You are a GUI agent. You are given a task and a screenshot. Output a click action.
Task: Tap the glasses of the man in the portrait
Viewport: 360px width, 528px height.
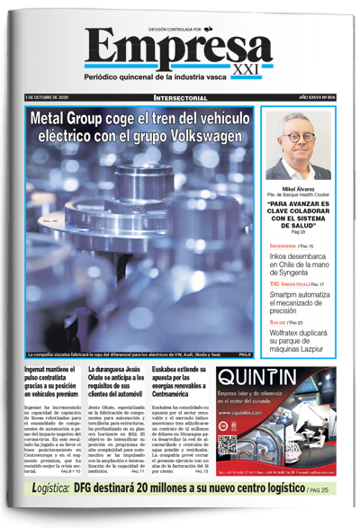[296, 139]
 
